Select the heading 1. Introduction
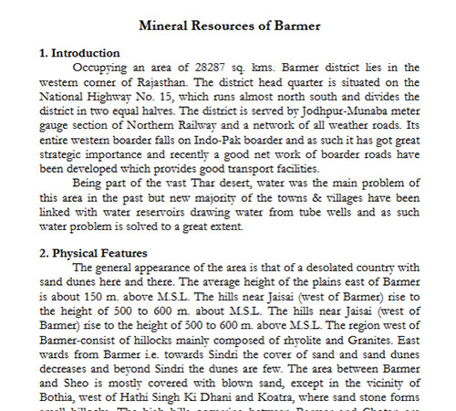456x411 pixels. pyautogui.click(x=80, y=54)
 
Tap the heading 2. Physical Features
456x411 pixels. pyautogui.click(x=95, y=252)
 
